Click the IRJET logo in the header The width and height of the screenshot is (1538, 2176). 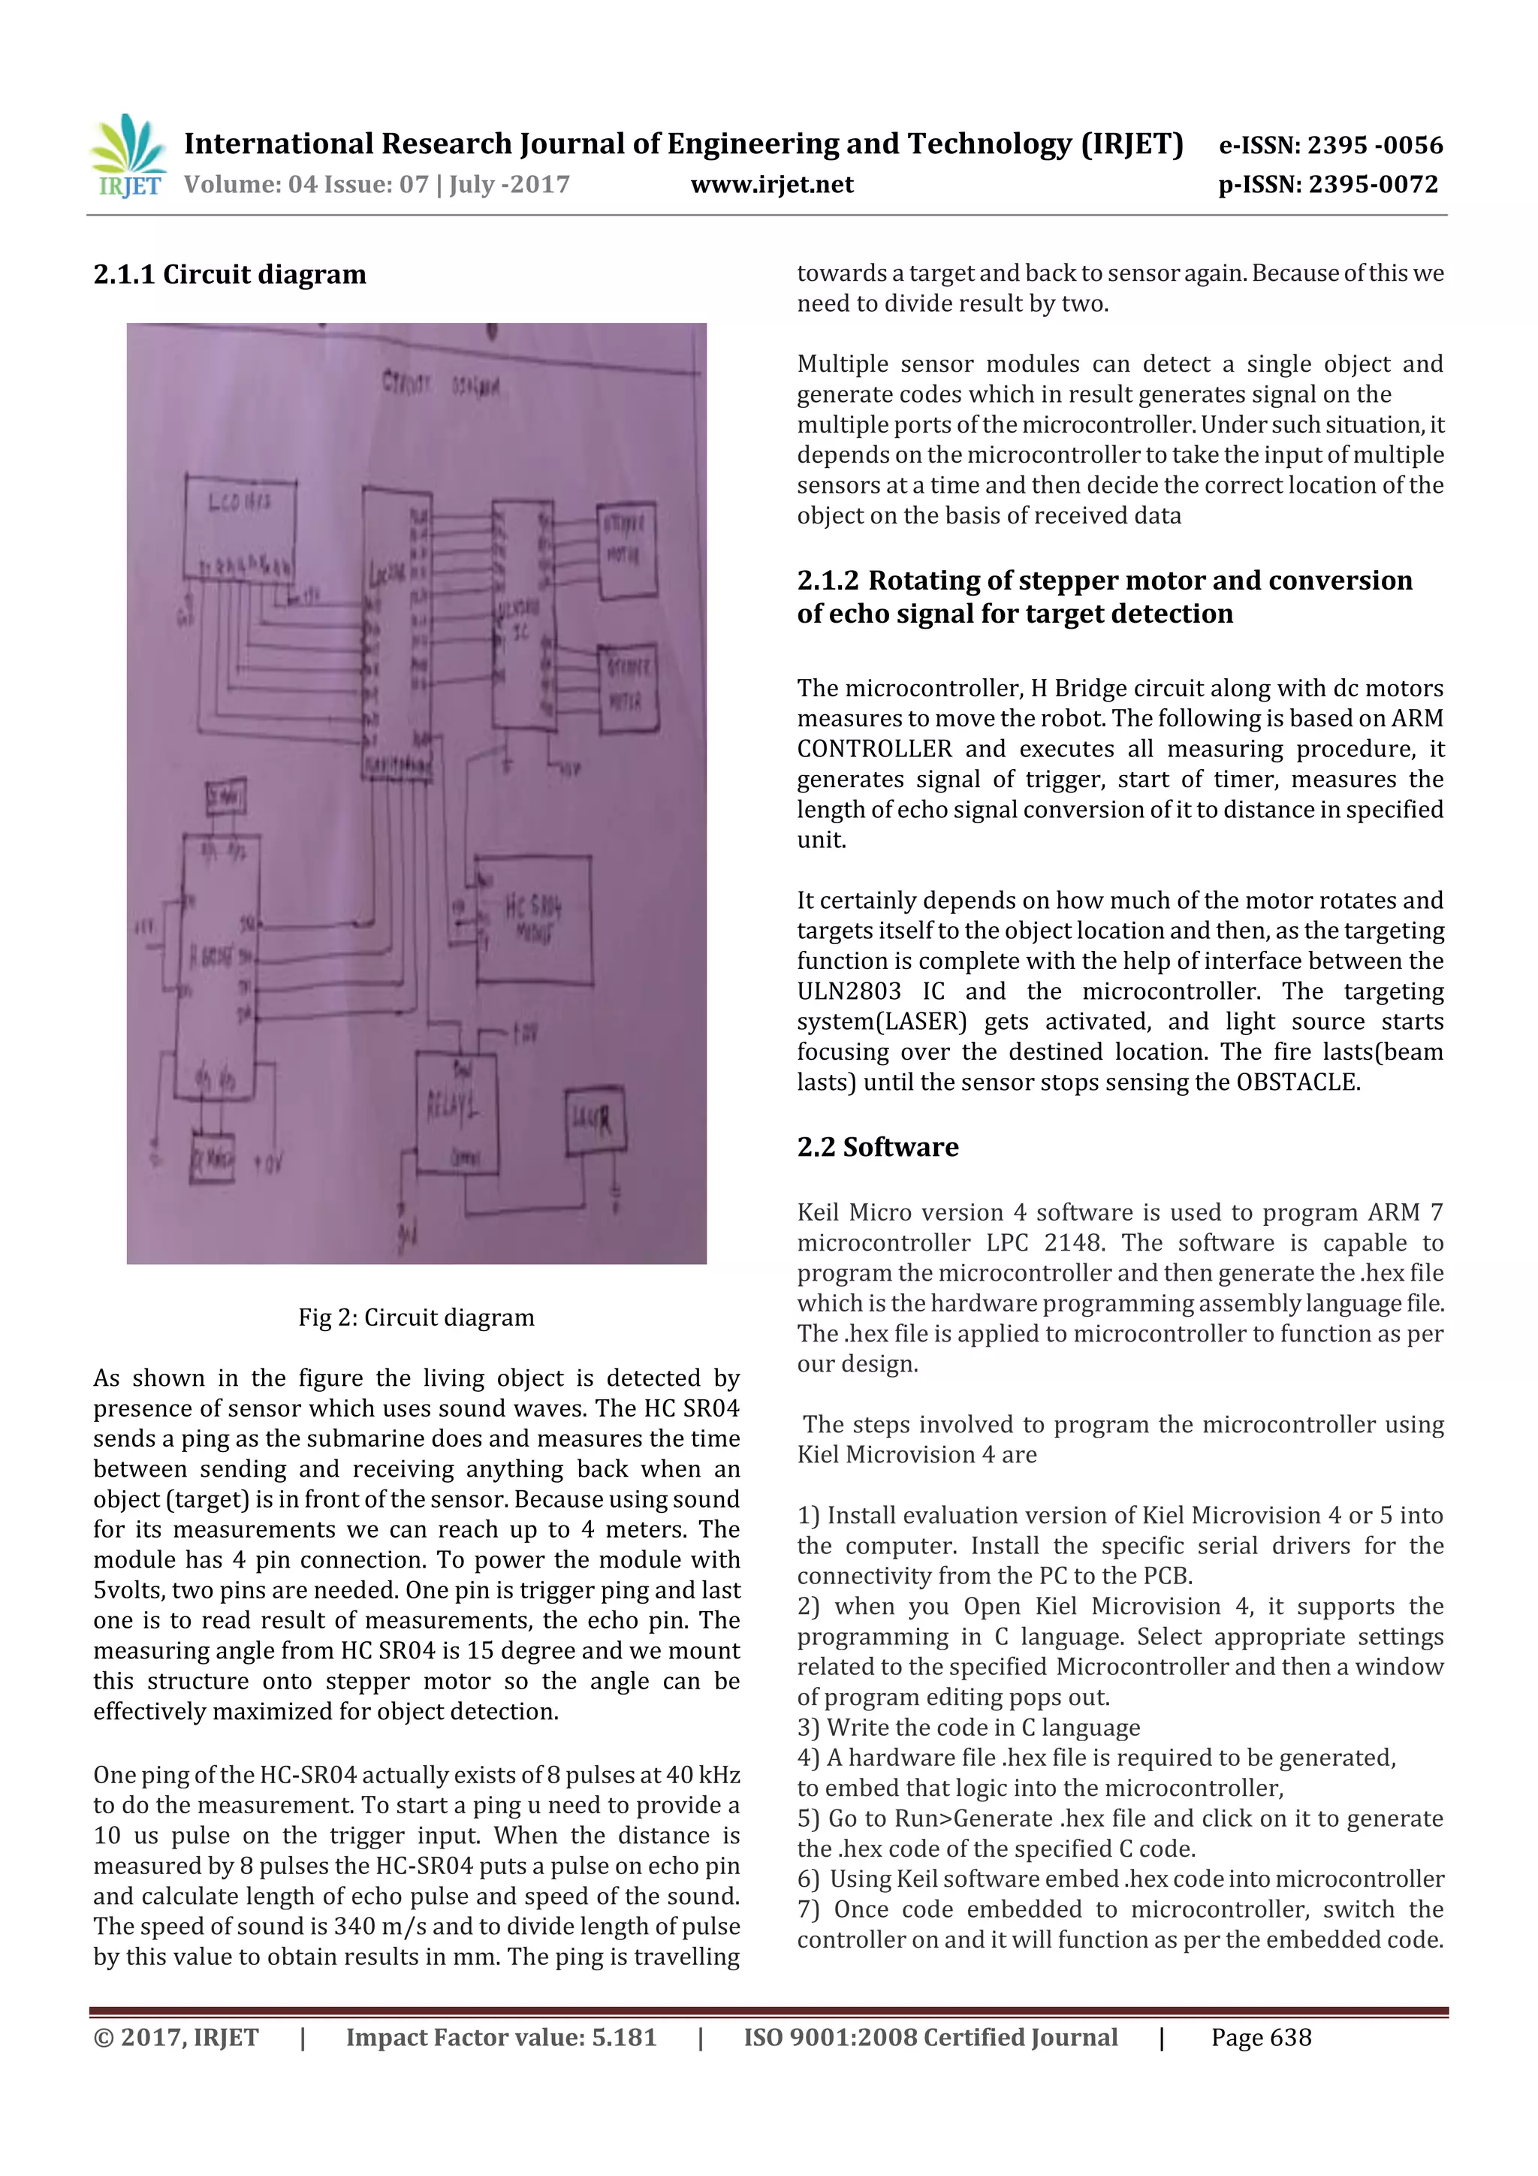(127, 156)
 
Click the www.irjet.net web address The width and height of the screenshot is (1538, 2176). (771, 185)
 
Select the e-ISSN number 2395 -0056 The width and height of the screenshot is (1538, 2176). (1375, 145)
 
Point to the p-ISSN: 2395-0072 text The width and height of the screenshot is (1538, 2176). (1328, 185)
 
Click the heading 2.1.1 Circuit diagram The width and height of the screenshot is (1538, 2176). (229, 275)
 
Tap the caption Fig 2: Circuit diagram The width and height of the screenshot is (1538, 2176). (416, 1317)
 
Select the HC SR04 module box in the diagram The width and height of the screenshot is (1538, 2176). (533, 919)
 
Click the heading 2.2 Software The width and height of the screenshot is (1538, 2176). (877, 1147)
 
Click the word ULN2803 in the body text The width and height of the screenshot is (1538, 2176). (848, 991)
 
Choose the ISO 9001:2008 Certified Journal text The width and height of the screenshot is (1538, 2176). (930, 2038)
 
